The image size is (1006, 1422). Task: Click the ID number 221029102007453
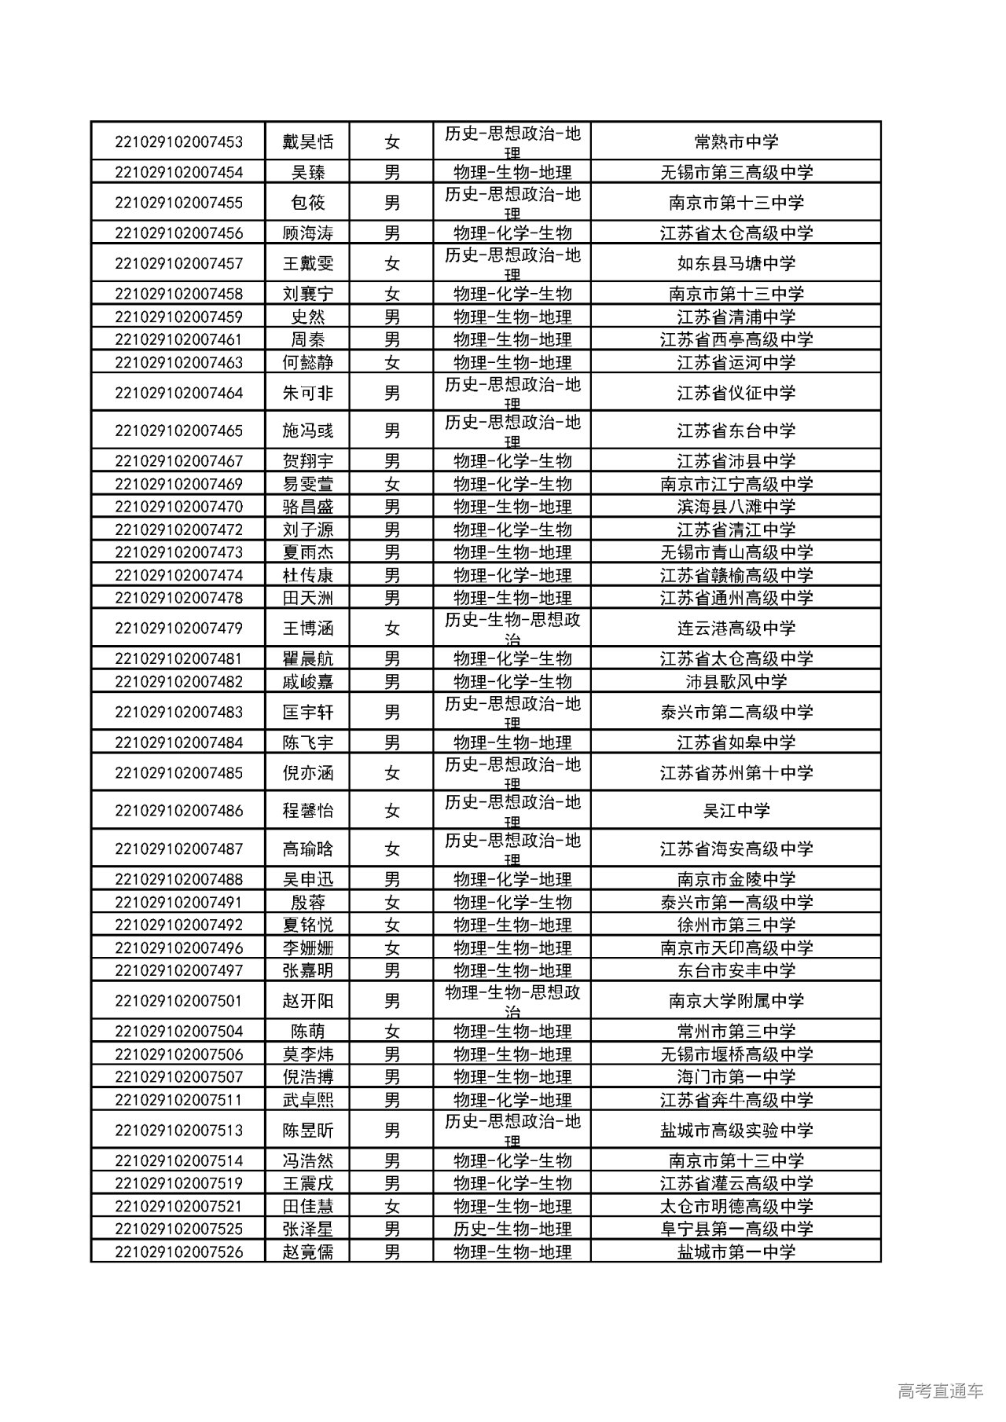pyautogui.click(x=178, y=142)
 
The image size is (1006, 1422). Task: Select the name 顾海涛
pyautogui.click(x=307, y=233)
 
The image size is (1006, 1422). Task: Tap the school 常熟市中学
pyautogui.click(x=736, y=142)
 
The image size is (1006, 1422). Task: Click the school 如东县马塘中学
pyautogui.click(x=736, y=264)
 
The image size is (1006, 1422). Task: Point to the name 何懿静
pyautogui.click(x=307, y=363)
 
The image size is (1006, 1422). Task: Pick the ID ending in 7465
pyautogui.click(x=178, y=431)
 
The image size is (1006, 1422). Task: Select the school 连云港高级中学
pyautogui.click(x=736, y=629)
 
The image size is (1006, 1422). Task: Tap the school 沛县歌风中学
pyautogui.click(x=736, y=682)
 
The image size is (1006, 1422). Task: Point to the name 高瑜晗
pyautogui.click(x=307, y=849)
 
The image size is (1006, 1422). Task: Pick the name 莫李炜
pyautogui.click(x=307, y=1054)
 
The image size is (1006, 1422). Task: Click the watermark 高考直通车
pyautogui.click(x=940, y=1391)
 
